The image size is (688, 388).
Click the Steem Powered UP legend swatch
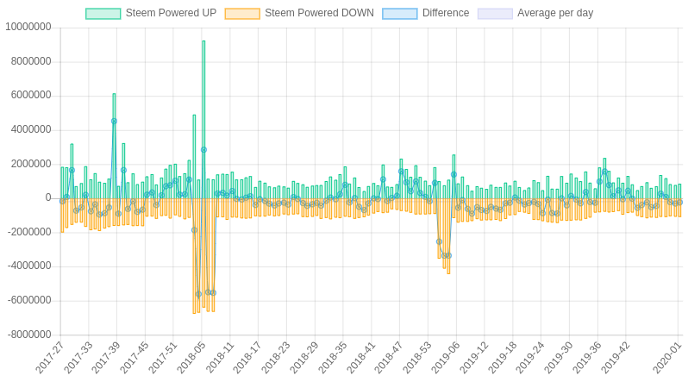point(103,14)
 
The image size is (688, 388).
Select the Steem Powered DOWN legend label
point(319,14)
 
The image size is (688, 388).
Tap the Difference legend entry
point(445,14)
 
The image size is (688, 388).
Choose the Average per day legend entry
point(554,14)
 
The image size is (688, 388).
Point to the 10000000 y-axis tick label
point(28,27)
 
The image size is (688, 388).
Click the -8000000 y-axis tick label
point(28,335)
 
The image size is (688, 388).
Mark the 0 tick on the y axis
point(48,197)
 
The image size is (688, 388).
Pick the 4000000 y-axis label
point(31,129)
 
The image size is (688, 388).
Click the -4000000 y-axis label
point(30,266)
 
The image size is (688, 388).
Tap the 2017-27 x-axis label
point(50,357)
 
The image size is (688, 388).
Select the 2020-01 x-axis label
point(667,357)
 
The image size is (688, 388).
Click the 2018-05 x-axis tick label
point(191,357)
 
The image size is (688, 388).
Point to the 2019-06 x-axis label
point(447,357)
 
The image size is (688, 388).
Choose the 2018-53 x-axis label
point(418,357)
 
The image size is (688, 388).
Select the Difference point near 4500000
point(114,122)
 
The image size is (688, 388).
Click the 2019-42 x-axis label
point(616,357)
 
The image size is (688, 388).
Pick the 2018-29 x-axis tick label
point(304,357)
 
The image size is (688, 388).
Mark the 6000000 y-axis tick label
point(31,95)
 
